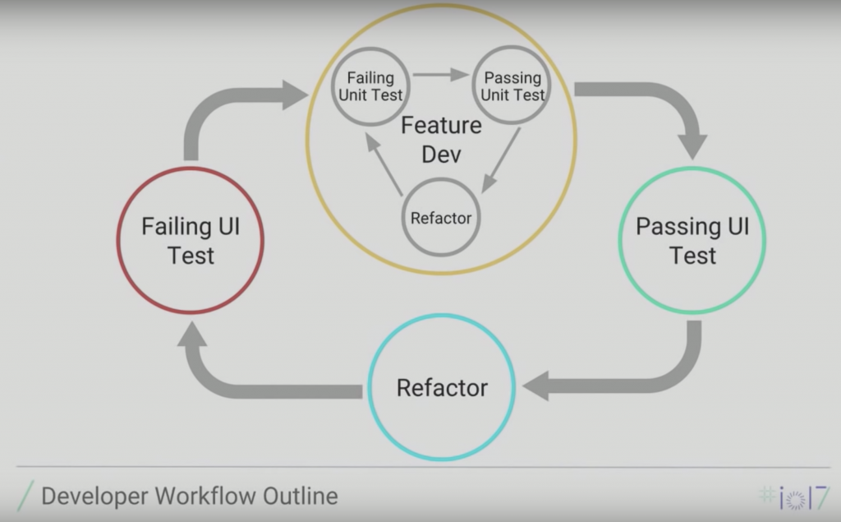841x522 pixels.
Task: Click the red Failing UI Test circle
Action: [x=190, y=240]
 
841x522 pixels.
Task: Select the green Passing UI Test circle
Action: [x=692, y=240]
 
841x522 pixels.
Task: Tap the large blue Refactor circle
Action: [x=442, y=387]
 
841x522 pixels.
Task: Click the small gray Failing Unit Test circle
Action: [x=370, y=86]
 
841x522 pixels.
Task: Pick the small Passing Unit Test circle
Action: [x=512, y=86]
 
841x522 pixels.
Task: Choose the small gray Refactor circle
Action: [x=441, y=218]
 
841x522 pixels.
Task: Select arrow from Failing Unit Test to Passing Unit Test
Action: [x=441, y=75]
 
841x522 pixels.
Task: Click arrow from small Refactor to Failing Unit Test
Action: [x=384, y=164]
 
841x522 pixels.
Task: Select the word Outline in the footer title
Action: [x=300, y=497]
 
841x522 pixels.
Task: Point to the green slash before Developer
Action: [x=25, y=497]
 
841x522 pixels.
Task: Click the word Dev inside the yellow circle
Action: [x=441, y=154]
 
